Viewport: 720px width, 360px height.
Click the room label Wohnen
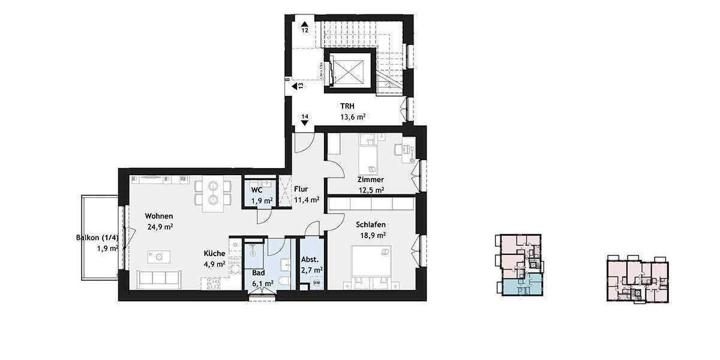(x=160, y=216)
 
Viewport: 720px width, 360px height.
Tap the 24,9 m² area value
(x=160, y=227)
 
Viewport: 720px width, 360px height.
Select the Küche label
(x=214, y=253)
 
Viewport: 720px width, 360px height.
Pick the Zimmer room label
(x=370, y=179)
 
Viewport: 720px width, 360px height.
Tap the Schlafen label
(x=370, y=224)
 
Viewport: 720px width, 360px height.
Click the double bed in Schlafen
(x=371, y=264)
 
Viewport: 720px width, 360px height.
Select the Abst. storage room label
(x=311, y=260)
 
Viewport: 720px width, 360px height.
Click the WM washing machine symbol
(x=316, y=283)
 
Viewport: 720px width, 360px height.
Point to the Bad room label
(x=259, y=272)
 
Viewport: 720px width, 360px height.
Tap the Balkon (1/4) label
(x=99, y=238)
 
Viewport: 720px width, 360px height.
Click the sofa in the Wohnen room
(x=158, y=279)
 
